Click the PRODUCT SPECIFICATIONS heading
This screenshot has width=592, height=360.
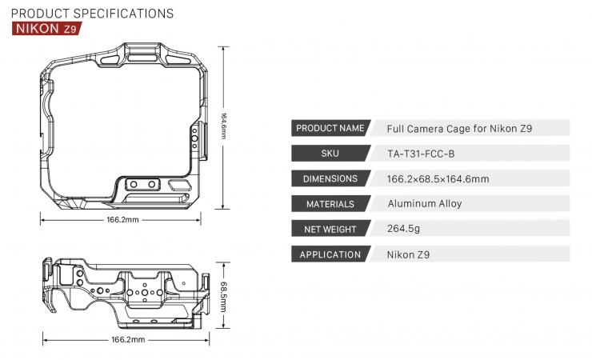coord(92,14)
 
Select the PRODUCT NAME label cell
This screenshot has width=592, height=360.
coord(330,128)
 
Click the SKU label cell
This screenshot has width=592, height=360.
coord(330,153)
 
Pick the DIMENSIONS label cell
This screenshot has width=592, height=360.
coord(330,178)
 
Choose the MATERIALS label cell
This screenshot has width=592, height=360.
coord(330,204)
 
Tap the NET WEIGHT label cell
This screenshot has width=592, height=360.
coord(330,230)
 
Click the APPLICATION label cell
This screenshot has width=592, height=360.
coord(330,255)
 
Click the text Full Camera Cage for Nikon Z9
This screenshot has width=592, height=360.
coord(454,128)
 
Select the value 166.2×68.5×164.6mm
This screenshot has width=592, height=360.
coord(438,178)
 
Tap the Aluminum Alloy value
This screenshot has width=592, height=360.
coord(425,204)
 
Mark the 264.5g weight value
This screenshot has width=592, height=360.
coord(404,230)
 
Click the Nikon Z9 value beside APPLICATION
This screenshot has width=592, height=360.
coord(408,255)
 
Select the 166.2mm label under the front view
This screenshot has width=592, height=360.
coord(123,220)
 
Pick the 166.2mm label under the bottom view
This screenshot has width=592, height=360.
coord(128,340)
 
